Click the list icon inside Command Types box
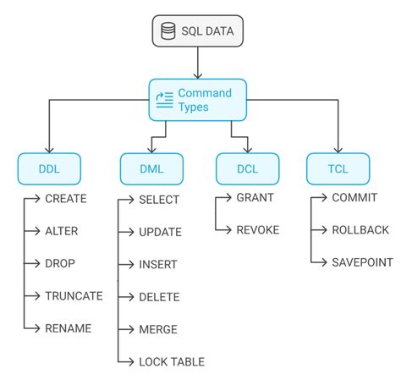164,100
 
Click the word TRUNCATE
74,295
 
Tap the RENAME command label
68,327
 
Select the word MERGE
159,329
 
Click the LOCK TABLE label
171,361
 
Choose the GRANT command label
255,199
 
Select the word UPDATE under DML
159,231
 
